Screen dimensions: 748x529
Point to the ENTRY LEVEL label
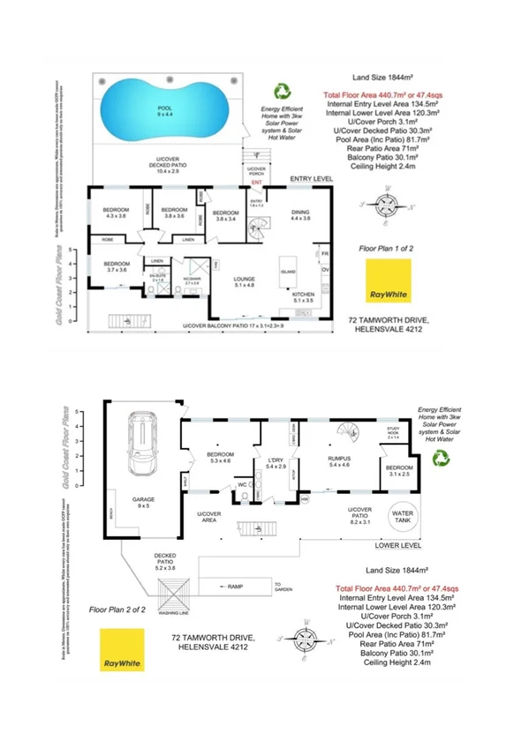coord(311,179)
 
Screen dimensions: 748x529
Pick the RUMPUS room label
coord(340,460)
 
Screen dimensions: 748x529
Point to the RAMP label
coord(234,586)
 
